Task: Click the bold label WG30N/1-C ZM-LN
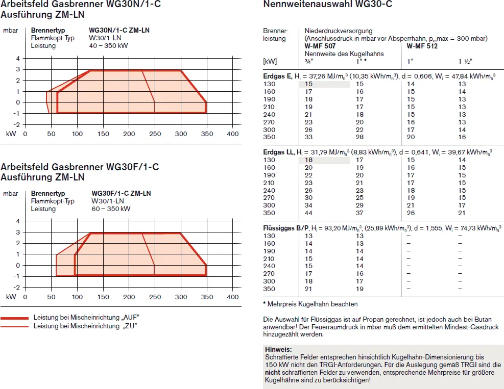119,30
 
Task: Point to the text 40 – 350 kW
108,45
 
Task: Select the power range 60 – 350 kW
111,209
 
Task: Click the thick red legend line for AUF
14,318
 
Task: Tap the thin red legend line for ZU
14,327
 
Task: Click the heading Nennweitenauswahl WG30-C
327,4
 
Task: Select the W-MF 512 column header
422,46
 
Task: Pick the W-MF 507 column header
320,46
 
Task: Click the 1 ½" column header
465,61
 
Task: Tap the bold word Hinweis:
278,349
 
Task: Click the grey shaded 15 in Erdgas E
308,84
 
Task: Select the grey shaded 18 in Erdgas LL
308,160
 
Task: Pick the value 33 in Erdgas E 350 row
308,137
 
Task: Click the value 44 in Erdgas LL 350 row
308,213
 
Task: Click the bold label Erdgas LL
278,152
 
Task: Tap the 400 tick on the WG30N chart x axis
233,134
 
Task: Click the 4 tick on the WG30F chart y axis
18,221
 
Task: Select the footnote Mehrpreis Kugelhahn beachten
313,304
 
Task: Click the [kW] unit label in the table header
270,61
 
